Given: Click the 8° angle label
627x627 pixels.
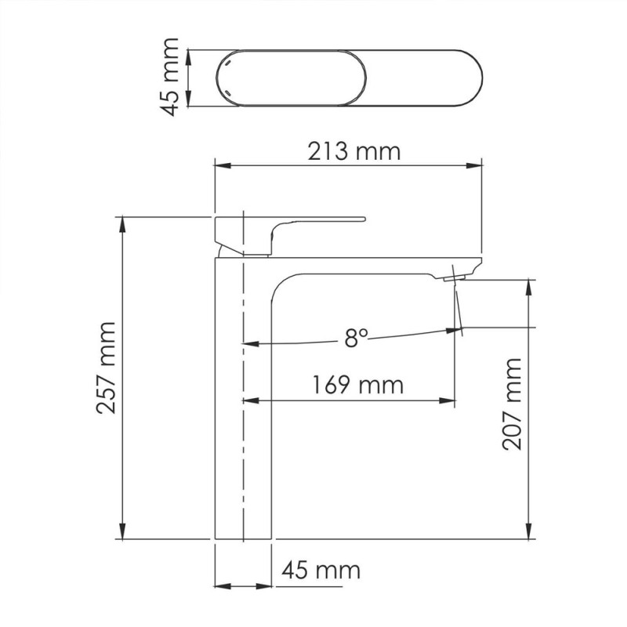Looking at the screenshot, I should point(355,338).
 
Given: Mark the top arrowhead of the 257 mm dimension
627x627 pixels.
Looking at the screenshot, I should point(122,222).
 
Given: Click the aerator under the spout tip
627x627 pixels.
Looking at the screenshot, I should point(453,277).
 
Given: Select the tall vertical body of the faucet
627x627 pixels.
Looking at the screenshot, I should point(243,408).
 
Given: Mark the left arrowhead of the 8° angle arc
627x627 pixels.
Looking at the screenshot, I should point(249,342).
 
